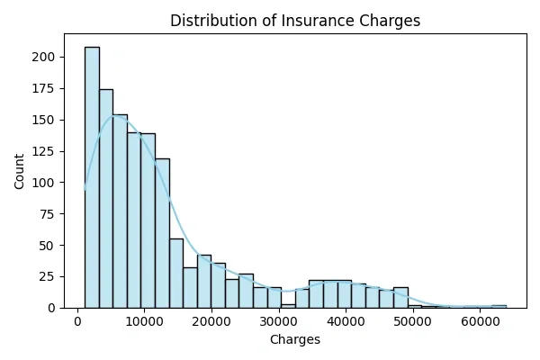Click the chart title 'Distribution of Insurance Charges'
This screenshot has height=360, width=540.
[x=295, y=20]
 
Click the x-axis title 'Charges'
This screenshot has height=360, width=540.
[x=295, y=340]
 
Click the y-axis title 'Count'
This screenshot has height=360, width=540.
[x=20, y=171]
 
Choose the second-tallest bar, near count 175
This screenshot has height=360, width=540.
[x=106, y=199]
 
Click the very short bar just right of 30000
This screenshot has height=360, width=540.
[x=288, y=306]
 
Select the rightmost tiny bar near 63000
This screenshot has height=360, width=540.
[x=499, y=306]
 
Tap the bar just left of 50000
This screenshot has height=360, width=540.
[x=400, y=298]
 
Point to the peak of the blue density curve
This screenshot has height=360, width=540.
[x=115, y=115]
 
